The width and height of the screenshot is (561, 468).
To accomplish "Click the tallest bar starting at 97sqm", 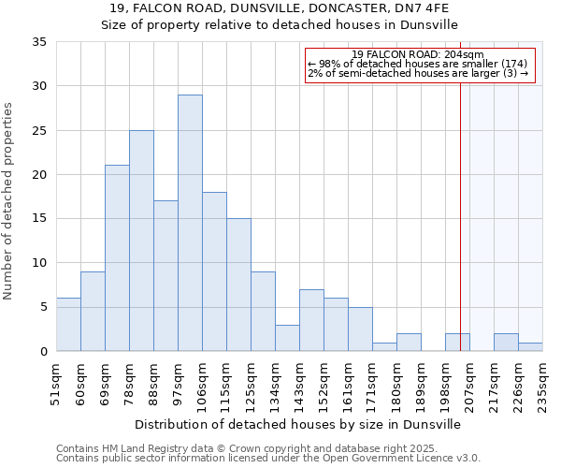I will (x=190, y=223).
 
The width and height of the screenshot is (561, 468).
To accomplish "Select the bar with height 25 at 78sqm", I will (x=141, y=241).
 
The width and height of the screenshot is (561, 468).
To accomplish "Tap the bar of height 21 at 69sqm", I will (x=117, y=258).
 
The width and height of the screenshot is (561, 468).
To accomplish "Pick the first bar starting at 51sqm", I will (x=68, y=324).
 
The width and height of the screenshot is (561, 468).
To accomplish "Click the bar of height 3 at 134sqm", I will (x=287, y=338).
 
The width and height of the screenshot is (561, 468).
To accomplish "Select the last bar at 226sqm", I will (x=530, y=346).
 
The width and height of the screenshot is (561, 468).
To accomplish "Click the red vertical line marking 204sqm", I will (x=460, y=206).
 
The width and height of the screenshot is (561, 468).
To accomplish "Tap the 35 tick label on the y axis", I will (x=38, y=42).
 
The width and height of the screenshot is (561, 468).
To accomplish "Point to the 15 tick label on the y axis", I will (x=38, y=219).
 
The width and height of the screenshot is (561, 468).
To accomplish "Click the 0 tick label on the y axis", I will (x=42, y=352).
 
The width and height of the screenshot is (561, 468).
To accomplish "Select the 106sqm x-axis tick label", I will (x=202, y=384).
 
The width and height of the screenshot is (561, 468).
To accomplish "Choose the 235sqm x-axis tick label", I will (x=542, y=384).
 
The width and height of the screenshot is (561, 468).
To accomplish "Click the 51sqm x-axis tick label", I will (x=56, y=384).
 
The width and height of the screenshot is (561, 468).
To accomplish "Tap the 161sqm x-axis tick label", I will (x=348, y=384).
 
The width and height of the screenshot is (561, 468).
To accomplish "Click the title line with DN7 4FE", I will (x=280, y=7).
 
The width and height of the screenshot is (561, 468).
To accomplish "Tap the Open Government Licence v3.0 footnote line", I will (x=268, y=459).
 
